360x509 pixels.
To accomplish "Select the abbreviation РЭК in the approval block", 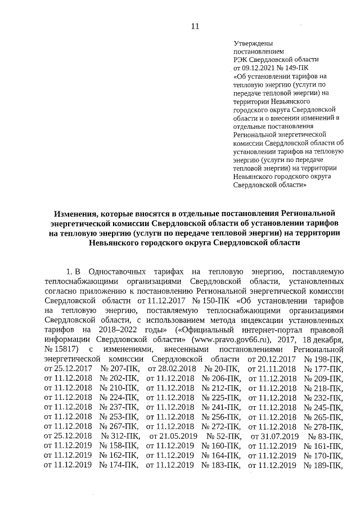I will click(241, 59).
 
